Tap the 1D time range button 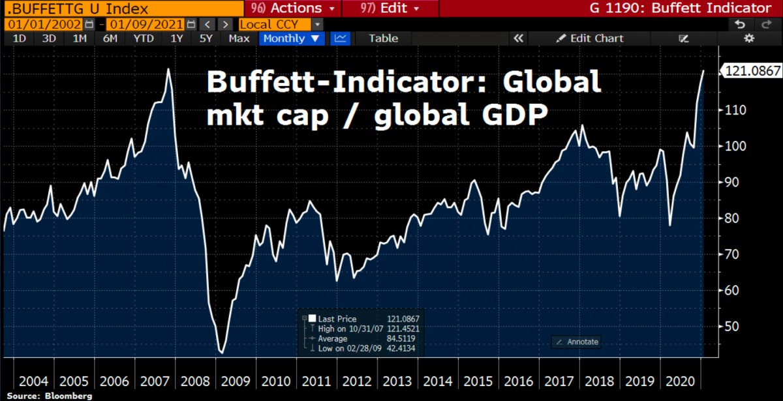(x=20, y=38)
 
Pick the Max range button (x=239, y=38)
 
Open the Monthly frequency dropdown (x=292, y=38)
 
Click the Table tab (x=383, y=38)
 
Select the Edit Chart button (x=590, y=38)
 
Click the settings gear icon (x=748, y=38)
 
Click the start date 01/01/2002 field (x=44, y=24)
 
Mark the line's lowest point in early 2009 (x=221, y=353)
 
